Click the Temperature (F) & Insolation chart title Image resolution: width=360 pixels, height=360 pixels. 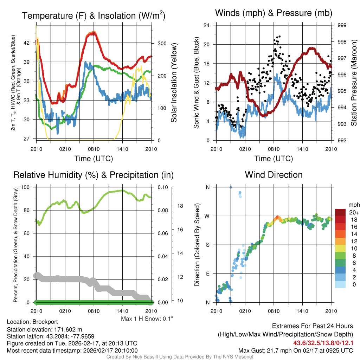tap(94, 16)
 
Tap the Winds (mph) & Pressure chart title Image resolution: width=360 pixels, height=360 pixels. tap(274, 13)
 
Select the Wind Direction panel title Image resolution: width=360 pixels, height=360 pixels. tap(274, 175)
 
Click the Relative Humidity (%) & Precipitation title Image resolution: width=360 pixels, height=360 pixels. tap(93, 175)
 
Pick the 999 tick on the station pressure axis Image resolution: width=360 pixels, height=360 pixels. tap(342, 25)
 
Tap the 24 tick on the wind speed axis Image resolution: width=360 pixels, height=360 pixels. tap(207, 25)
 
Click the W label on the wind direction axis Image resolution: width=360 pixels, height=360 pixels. tap(207, 216)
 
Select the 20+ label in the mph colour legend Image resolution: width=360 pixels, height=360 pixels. tap(353, 213)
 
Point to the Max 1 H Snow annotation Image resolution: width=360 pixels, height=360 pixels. tap(147, 319)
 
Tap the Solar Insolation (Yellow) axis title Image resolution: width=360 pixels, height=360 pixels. tap(174, 83)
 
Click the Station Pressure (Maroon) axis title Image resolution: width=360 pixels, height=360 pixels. tap(354, 83)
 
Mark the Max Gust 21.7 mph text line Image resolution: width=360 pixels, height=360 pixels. tap(295, 350)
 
